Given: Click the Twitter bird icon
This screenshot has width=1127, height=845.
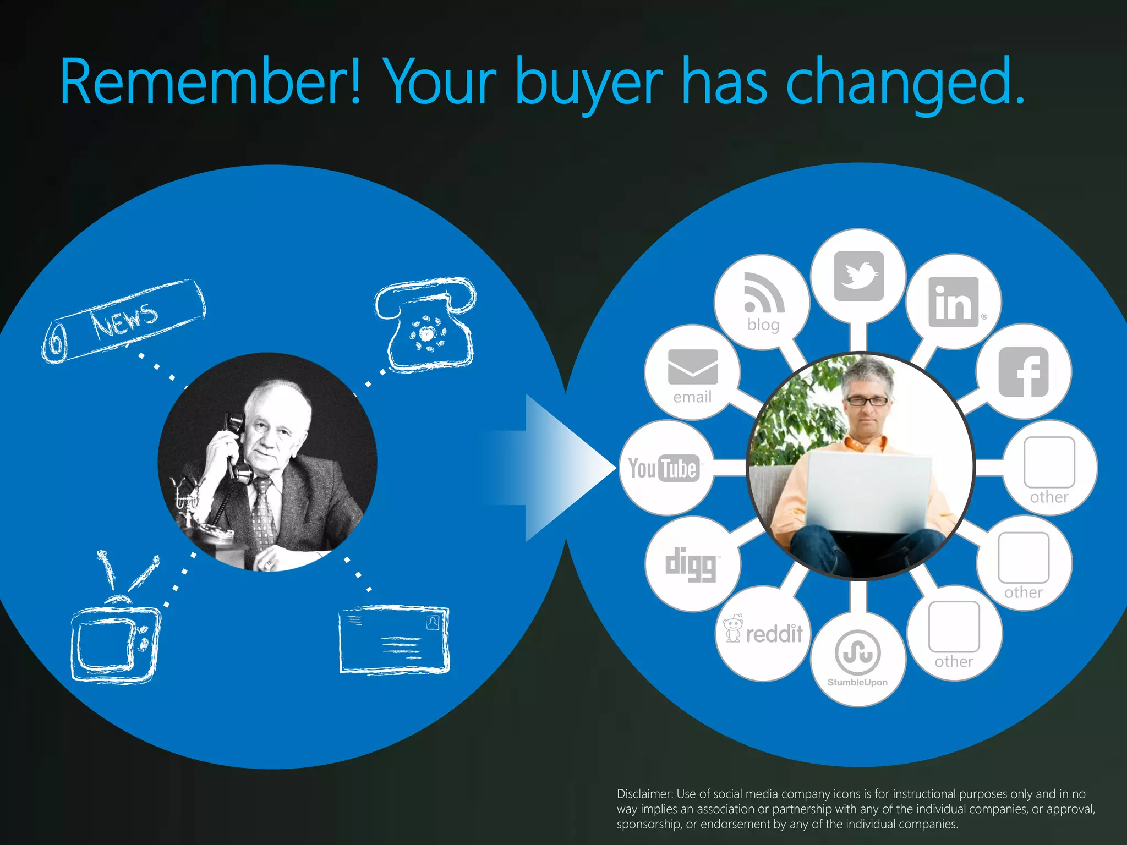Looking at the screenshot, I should tap(858, 276).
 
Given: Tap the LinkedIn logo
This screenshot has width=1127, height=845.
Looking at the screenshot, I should tap(954, 302).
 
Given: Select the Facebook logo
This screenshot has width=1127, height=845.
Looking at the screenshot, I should tap(1024, 372).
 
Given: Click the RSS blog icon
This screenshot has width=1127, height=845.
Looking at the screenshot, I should tap(763, 293).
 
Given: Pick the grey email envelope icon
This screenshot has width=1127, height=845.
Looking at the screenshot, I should tap(693, 367).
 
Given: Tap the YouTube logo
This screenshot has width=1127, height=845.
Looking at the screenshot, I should tap(664, 469).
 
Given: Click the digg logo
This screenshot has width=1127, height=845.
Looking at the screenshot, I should tap(691, 564).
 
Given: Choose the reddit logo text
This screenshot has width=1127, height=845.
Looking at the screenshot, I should tap(774, 634).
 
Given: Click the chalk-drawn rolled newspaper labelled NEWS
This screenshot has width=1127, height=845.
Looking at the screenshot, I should tap(124, 321).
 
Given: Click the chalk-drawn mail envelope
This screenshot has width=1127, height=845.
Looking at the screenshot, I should tap(394, 639).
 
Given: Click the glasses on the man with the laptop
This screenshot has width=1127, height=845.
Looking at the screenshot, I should tap(867, 400).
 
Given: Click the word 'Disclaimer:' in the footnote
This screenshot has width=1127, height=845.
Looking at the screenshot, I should tap(644, 794).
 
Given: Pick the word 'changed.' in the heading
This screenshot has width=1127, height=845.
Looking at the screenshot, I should tap(906, 82).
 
